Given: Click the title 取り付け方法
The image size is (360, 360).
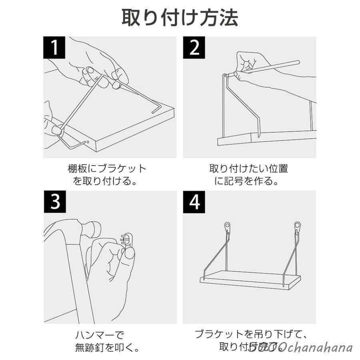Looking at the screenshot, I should click(x=180, y=18).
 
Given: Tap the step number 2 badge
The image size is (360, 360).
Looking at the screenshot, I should click(x=195, y=48).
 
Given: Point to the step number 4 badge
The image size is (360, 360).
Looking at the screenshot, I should click(x=195, y=202).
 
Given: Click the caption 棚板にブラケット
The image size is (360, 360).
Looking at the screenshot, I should click(x=107, y=168).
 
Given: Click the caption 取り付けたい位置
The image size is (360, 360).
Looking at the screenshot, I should click(x=248, y=168).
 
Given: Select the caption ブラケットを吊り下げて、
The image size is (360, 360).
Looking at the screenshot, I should click(x=252, y=334).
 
